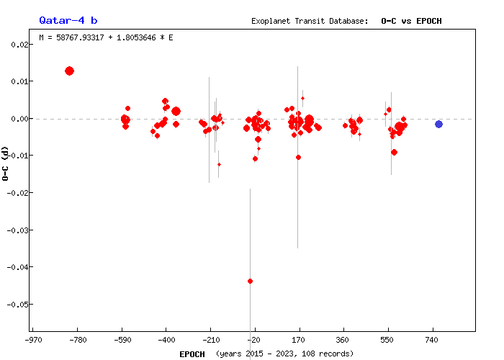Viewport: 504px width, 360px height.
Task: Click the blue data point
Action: [438, 124]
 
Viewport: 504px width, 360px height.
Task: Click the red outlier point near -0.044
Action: [250, 281]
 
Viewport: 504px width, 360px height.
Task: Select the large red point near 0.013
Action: [69, 71]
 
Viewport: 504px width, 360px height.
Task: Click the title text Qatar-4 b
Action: [63, 20]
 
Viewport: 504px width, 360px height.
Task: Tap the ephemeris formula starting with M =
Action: [106, 37]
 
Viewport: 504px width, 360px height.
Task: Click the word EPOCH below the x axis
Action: [192, 354]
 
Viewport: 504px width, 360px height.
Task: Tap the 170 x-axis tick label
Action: [298, 339]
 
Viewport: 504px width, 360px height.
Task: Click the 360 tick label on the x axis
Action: [343, 339]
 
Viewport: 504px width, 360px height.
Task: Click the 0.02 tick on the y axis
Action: [19, 45]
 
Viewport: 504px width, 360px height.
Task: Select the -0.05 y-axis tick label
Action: [17, 305]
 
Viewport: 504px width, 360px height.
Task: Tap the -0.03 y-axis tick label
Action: [17, 230]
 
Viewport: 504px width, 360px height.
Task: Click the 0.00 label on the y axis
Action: [19, 119]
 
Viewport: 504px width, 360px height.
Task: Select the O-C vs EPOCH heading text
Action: [411, 21]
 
